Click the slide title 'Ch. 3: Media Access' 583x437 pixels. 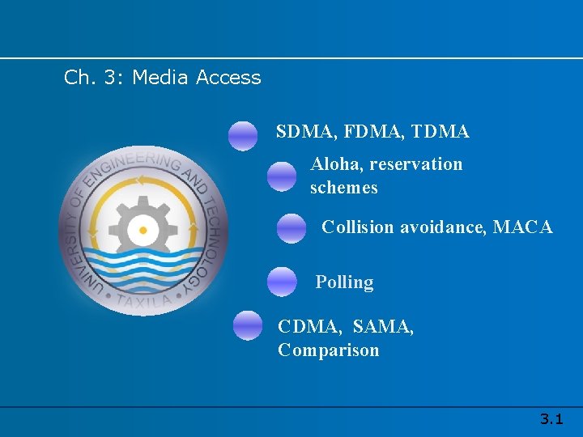pyautogui.click(x=163, y=78)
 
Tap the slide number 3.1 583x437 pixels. pyautogui.click(x=551, y=419)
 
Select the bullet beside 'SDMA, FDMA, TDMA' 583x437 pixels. pyautogui.click(x=243, y=136)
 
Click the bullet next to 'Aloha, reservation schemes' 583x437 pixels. pyautogui.click(x=282, y=176)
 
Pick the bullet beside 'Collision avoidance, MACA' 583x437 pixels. pyautogui.click(x=291, y=229)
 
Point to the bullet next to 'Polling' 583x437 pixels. pyautogui.click(x=282, y=282)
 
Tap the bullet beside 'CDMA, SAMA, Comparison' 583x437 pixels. pyautogui.click(x=248, y=325)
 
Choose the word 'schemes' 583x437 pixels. pyautogui.click(x=343, y=188)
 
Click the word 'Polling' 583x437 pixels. pyautogui.click(x=344, y=282)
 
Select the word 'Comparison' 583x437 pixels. pyautogui.click(x=328, y=350)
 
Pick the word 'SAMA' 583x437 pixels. pyautogui.click(x=382, y=327)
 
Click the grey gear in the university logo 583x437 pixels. pyautogui.click(x=143, y=231)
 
